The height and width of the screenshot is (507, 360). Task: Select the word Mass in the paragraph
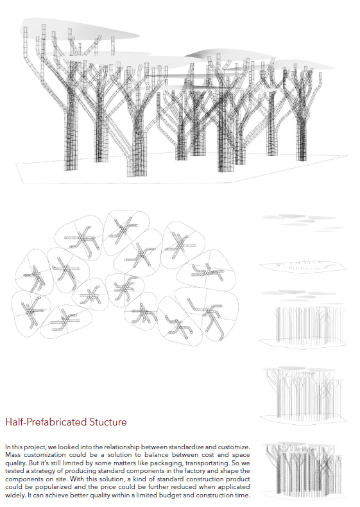tap(12, 455)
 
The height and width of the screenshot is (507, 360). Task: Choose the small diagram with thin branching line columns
tap(302, 394)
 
